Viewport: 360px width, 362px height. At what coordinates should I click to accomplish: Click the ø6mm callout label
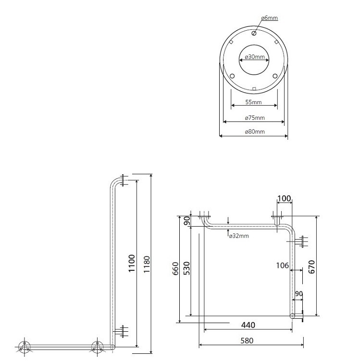270,18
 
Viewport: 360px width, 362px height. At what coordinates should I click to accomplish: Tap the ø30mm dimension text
255,57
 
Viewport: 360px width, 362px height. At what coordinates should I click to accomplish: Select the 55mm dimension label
253,102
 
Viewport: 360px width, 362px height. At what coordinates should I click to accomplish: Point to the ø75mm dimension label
255,118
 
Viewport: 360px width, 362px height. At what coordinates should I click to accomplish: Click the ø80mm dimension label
255,132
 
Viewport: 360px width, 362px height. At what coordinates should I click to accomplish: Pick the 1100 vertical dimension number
132,263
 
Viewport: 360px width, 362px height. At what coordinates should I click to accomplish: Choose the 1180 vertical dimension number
147,265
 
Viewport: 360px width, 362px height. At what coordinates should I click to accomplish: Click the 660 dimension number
175,268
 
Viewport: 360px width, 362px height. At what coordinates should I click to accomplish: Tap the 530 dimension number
186,268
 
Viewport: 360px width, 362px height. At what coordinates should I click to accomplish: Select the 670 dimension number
311,266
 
